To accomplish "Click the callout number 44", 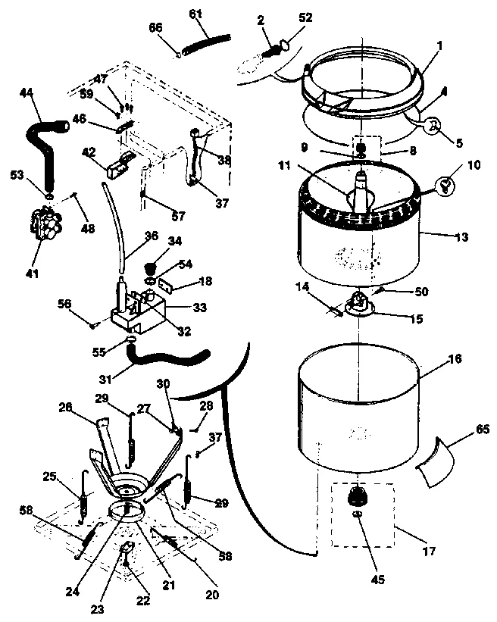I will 25,92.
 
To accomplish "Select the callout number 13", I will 461,237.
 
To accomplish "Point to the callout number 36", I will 151,236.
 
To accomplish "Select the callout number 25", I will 50,477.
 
